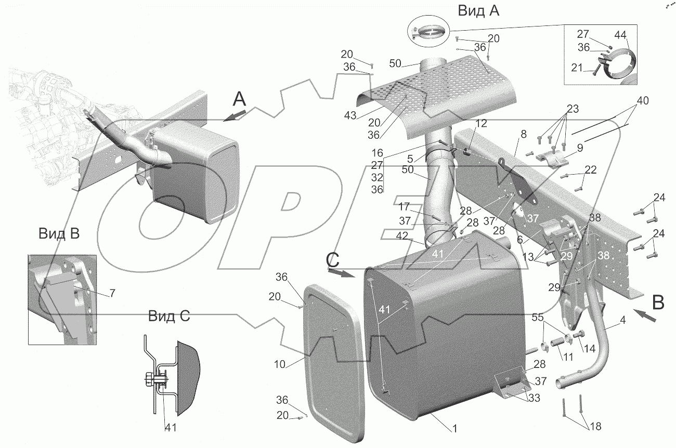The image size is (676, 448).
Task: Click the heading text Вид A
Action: tap(478, 11)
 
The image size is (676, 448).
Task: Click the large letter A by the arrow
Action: tap(239, 98)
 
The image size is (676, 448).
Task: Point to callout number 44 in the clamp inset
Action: tap(620, 35)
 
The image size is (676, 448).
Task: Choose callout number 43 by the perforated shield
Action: tap(350, 116)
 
